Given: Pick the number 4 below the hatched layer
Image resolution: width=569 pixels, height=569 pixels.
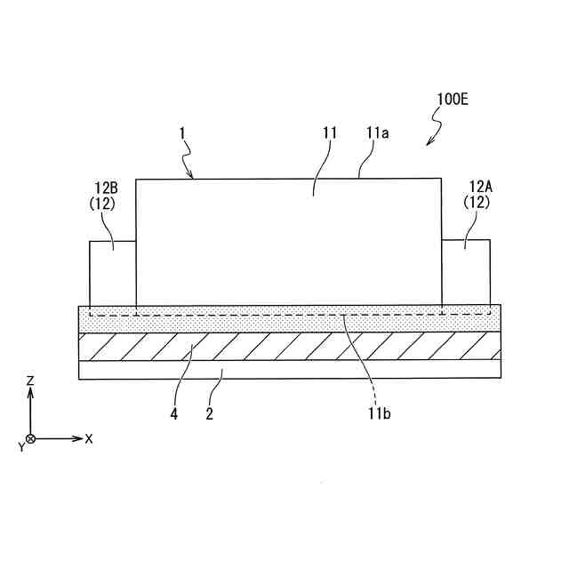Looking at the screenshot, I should (174, 413).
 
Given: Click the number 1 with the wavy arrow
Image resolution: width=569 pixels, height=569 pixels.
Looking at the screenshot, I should (181, 132).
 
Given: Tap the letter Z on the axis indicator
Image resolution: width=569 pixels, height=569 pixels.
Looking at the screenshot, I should (30, 381).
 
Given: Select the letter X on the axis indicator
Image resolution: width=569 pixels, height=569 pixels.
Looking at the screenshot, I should (89, 439).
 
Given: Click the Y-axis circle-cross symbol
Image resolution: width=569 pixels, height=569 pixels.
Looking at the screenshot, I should (31, 439).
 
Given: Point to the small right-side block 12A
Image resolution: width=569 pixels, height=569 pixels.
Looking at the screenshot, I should (466, 271).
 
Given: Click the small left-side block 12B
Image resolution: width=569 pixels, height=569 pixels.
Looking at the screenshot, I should (113, 271).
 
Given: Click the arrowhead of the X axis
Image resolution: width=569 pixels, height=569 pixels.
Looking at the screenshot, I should (78, 439).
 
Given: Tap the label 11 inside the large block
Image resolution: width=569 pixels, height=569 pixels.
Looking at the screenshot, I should (330, 132).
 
